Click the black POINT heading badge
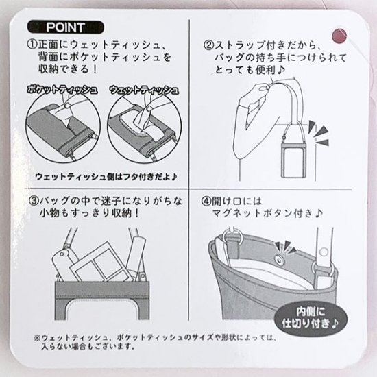coord(66,27)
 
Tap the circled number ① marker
coord(33,45)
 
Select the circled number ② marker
coord(209,45)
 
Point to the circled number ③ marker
coord(34,201)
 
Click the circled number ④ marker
coord(206,202)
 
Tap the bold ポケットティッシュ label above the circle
coord(62,89)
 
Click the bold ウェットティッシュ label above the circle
coord(144,90)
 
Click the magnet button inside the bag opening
coord(279,260)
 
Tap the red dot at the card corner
coord(339,36)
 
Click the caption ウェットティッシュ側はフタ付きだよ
coord(106,177)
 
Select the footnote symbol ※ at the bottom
coord(37,337)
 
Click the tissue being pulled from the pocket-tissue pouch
coord(64,117)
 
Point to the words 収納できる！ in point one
coord(68,69)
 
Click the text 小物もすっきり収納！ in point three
coord(89,213)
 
